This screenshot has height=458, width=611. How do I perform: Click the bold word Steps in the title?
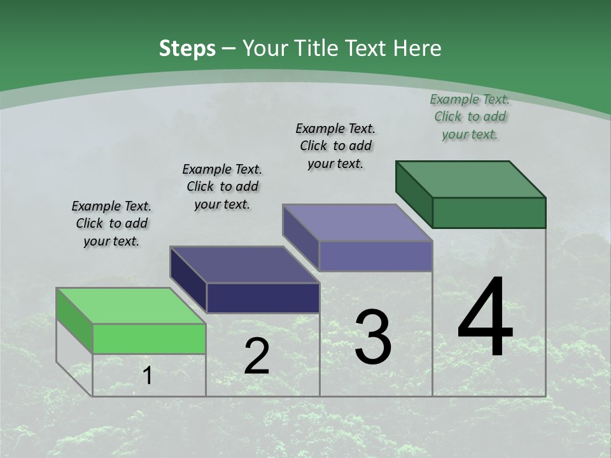tap(186, 48)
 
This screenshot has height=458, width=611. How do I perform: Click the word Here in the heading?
tap(418, 48)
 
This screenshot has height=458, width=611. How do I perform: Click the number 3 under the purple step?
tap(373, 337)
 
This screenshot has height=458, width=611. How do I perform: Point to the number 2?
tap(256, 356)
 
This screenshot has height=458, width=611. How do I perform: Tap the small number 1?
tap(148, 376)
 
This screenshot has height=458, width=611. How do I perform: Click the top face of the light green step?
tap(131, 306)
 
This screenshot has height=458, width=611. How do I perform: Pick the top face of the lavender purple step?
tap(358, 223)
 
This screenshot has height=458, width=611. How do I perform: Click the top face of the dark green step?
tap(471, 179)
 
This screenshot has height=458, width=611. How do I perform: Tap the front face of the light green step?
tap(149, 338)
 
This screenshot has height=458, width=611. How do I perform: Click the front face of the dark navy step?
tap(263, 298)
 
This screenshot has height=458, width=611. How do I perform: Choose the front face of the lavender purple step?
tap(376, 256)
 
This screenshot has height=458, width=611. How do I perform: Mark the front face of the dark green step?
tap(489, 212)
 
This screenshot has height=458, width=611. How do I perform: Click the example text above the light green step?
tap(111, 223)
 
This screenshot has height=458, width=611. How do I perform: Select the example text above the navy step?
tap(222, 186)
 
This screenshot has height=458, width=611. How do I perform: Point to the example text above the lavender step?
tap(335, 146)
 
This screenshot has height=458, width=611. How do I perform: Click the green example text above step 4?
tap(470, 116)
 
